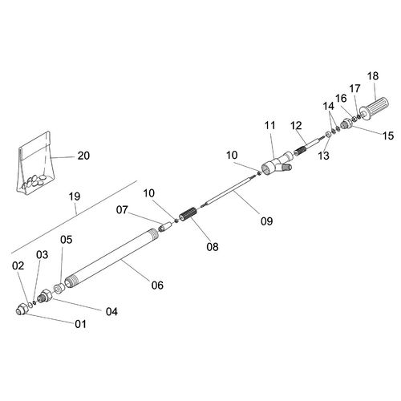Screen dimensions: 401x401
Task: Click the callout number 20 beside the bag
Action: click(x=83, y=156)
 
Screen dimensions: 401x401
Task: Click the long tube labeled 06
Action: click(x=111, y=258)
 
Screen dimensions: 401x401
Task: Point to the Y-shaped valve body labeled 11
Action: click(x=277, y=164)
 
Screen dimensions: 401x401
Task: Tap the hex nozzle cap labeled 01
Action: click(x=22, y=309)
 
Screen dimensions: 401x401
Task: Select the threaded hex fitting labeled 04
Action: click(x=44, y=296)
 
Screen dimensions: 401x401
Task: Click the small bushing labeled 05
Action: click(x=59, y=288)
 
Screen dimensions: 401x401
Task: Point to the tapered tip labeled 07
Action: click(x=165, y=226)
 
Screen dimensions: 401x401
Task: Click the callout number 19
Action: click(x=75, y=196)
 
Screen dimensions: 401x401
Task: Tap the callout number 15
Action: click(x=388, y=136)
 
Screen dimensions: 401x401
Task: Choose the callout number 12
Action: click(x=296, y=125)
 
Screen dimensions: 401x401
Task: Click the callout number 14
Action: click(x=329, y=106)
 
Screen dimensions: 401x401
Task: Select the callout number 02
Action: click(x=18, y=265)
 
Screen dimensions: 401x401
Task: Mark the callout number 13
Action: click(x=323, y=156)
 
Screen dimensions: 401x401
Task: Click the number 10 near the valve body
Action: click(x=232, y=155)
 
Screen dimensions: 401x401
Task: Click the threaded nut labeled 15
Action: click(x=346, y=124)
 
